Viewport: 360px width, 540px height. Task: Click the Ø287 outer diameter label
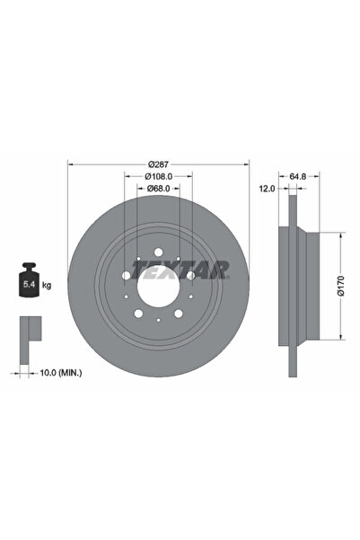coord(158,165)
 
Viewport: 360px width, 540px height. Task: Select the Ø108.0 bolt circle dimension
coord(158,177)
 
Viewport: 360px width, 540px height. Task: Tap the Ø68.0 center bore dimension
coord(158,189)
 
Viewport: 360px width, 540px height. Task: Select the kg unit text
coord(47,285)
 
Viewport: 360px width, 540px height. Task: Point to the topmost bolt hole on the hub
coord(158,252)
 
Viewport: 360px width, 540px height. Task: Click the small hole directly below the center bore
coord(158,321)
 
